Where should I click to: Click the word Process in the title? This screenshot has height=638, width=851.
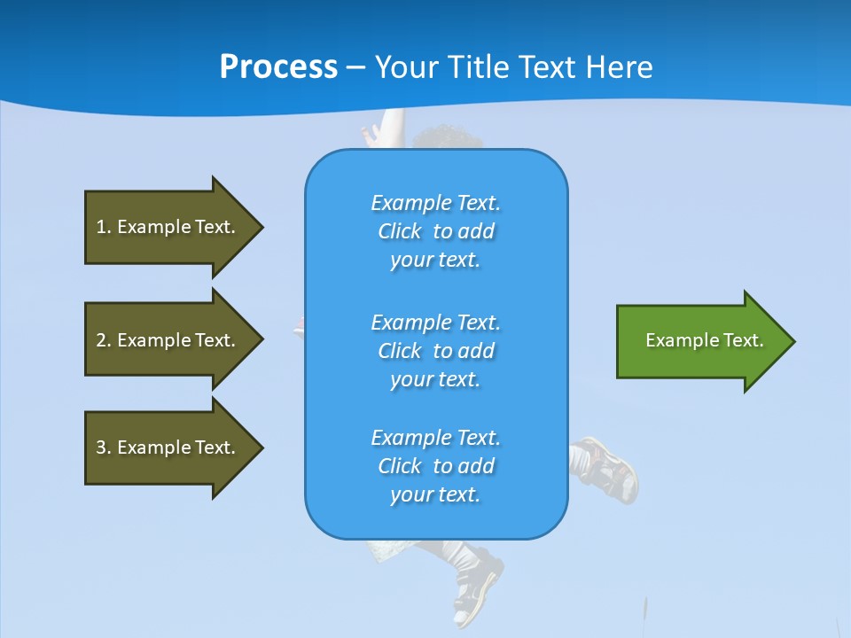point(278,67)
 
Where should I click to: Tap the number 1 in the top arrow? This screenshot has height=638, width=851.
point(101,227)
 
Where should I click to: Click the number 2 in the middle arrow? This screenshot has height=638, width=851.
point(101,340)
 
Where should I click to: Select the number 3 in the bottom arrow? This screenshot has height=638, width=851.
point(101,447)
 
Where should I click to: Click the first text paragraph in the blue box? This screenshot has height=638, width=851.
point(435,231)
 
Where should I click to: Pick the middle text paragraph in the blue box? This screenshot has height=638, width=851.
point(435,351)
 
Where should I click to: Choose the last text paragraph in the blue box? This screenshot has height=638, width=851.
point(435,466)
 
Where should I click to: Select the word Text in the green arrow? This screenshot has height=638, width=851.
point(743,340)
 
